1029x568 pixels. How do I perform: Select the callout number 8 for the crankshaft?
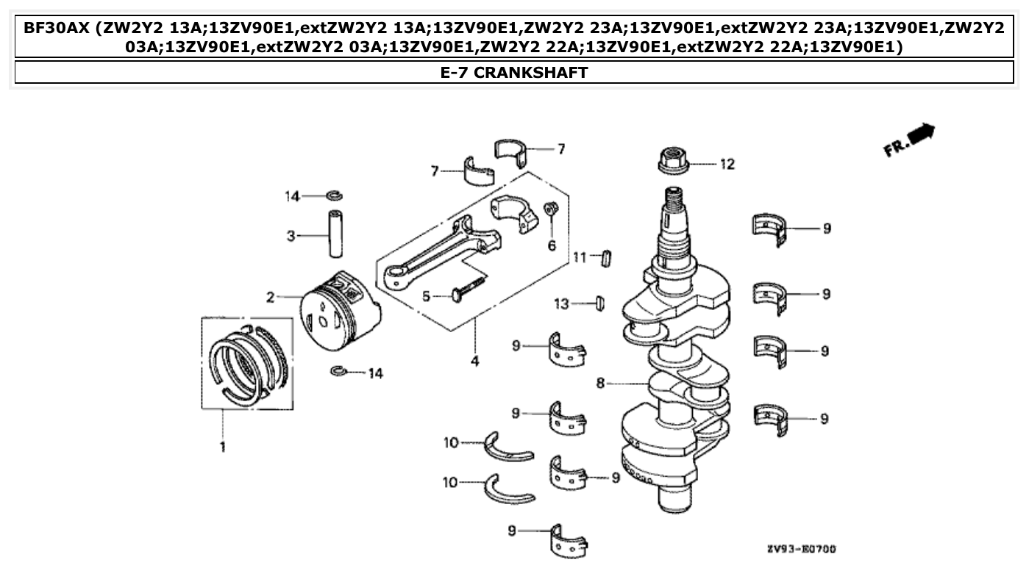pyautogui.click(x=601, y=383)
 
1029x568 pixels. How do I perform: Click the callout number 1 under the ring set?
pyautogui.click(x=222, y=446)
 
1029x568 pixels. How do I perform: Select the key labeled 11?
pyautogui.click(x=607, y=258)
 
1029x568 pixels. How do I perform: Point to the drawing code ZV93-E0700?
pyautogui.click(x=800, y=549)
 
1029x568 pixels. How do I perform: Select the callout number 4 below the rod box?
pyautogui.click(x=474, y=362)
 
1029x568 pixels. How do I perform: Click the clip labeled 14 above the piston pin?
pyautogui.click(x=335, y=195)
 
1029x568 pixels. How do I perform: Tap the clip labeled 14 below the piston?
pyautogui.click(x=340, y=372)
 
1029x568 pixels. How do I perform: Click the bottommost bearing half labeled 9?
pyautogui.click(x=569, y=540)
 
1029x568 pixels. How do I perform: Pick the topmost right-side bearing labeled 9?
pyautogui.click(x=771, y=229)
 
